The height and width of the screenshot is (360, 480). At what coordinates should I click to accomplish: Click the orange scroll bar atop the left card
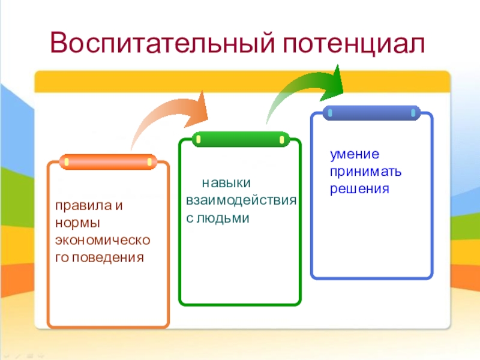pos(108,162)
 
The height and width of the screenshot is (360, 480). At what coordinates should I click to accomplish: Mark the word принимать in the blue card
pos(365,172)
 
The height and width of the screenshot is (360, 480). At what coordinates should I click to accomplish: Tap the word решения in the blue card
pos(359,189)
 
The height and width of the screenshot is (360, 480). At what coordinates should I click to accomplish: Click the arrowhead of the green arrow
pos(332,82)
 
